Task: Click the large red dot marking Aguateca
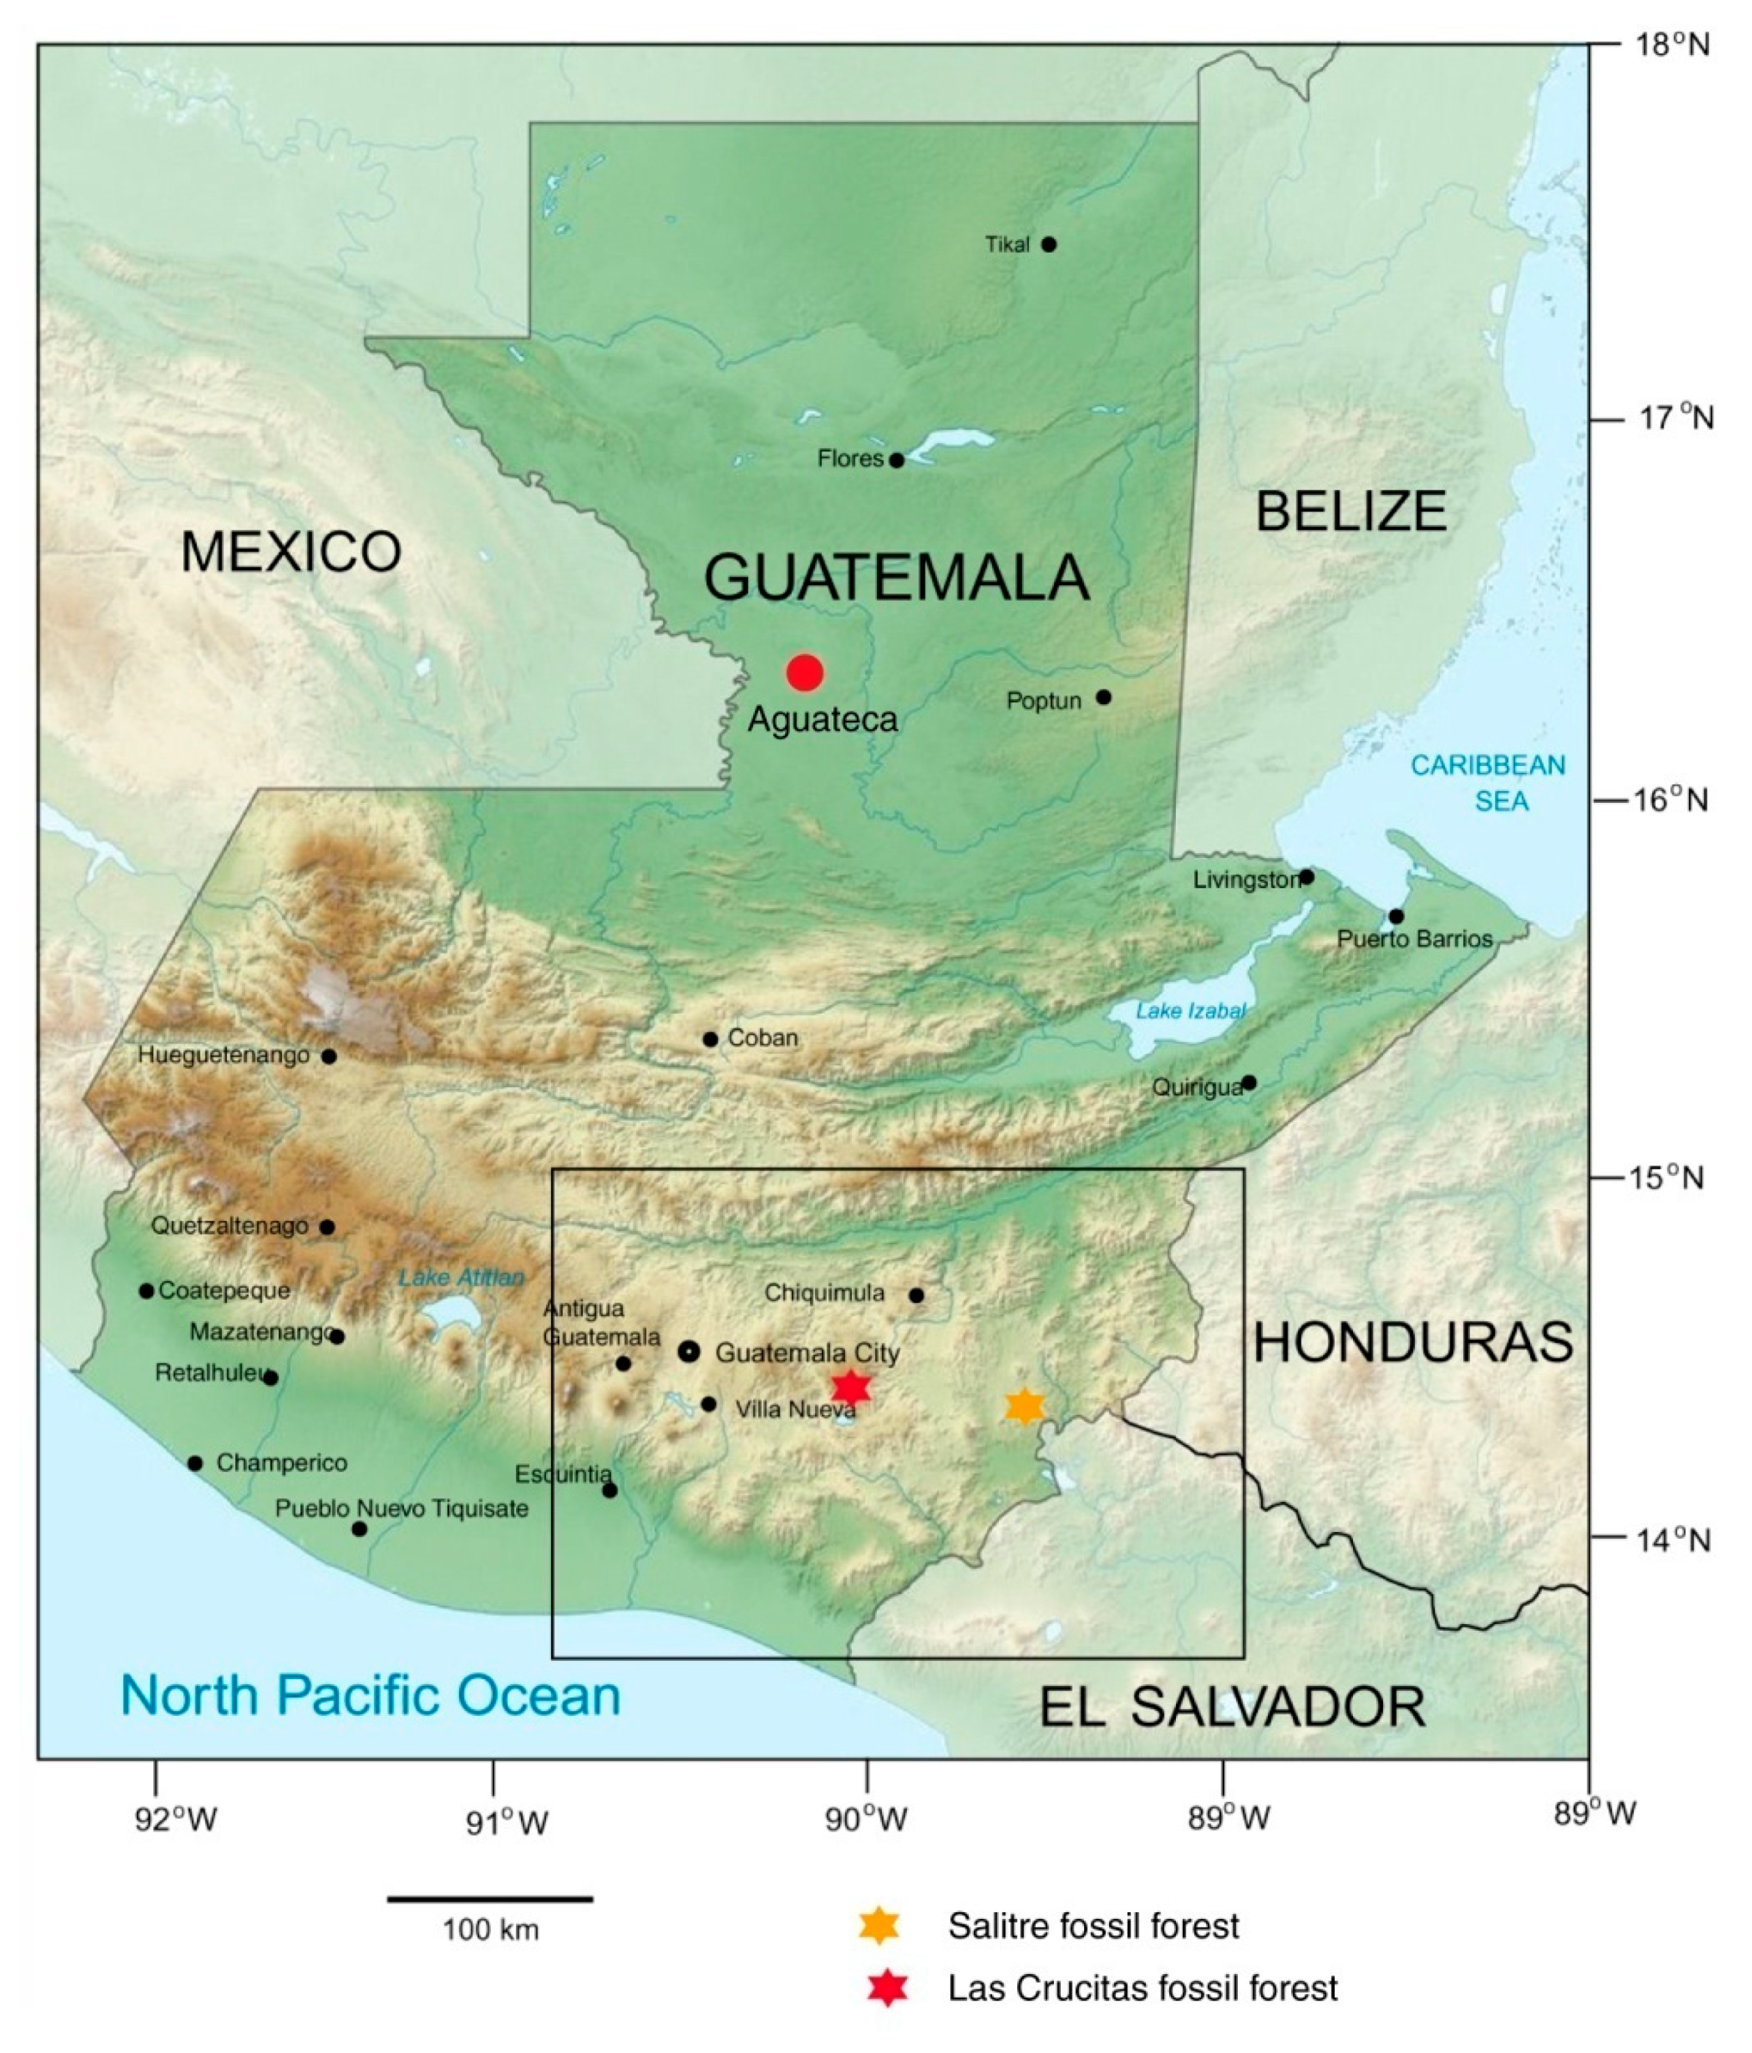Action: pyautogui.click(x=805, y=673)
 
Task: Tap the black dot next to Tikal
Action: pyautogui.click(x=1049, y=244)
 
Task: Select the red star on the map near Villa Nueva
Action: pyautogui.click(x=850, y=1387)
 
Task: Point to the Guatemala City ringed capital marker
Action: pyautogui.click(x=688, y=1352)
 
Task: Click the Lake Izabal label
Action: pyautogui.click(x=1190, y=1010)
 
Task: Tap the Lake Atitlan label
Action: pyautogui.click(x=461, y=1277)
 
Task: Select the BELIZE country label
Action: pyautogui.click(x=1351, y=512)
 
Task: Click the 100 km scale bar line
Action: pyautogui.click(x=490, y=1899)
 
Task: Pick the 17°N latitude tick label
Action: pyautogui.click(x=1674, y=418)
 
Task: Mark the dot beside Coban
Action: pyautogui.click(x=710, y=1039)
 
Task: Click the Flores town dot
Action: pyautogui.click(x=897, y=460)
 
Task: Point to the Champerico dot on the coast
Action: pyautogui.click(x=195, y=1463)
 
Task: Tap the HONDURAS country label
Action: pyautogui.click(x=1413, y=1343)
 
